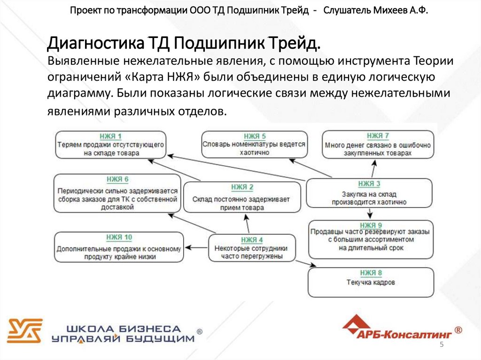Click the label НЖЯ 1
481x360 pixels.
110,137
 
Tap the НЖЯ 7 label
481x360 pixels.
378,136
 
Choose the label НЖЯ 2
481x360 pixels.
241,187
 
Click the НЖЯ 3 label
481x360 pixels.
369,184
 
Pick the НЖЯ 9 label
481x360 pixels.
371,225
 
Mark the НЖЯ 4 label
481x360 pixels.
251,240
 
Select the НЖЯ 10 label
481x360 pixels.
119,237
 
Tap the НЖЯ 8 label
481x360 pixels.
371,273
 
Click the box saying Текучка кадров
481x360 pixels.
371,283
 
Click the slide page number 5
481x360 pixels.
442,345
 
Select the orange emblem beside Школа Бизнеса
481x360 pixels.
24,331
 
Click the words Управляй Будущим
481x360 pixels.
123,338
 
